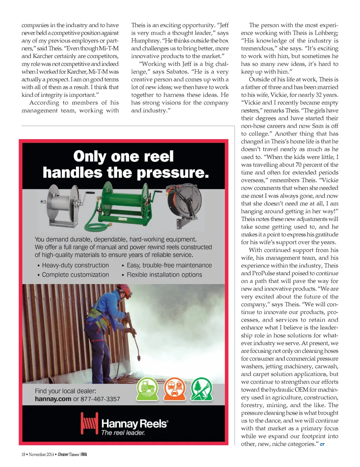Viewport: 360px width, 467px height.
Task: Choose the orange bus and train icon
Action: [174, 389]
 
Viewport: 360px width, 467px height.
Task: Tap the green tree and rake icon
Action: [201, 389]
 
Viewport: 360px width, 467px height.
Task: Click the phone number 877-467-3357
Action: [100, 399]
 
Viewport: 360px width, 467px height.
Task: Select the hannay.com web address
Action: [53, 399]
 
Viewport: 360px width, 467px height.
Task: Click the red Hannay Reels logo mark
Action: [89, 423]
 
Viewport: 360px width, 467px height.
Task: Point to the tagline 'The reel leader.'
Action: [123, 433]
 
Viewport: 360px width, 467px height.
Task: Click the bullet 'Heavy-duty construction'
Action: [75, 265]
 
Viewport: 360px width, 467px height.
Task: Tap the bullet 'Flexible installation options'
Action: [164, 275]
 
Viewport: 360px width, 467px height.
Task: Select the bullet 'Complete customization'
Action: [75, 275]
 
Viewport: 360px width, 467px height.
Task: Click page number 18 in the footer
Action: [23, 454]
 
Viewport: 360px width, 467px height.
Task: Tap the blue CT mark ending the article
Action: [322, 445]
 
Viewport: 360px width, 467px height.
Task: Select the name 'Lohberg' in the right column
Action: [327, 33]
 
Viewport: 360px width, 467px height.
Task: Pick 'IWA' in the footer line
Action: [84, 454]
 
